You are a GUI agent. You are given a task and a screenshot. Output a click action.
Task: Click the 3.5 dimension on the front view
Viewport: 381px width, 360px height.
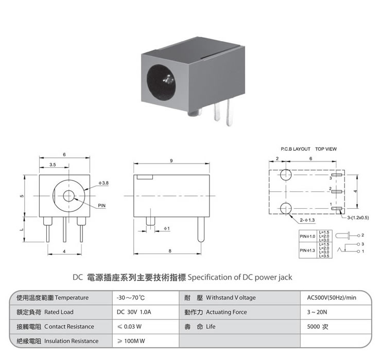tap(53, 164)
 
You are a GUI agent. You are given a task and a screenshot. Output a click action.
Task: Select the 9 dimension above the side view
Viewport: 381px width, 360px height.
tap(170, 161)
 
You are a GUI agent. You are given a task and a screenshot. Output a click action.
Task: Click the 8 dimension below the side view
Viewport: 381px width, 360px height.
tap(170, 251)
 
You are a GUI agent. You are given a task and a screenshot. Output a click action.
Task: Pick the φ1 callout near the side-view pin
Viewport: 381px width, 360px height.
tap(166, 228)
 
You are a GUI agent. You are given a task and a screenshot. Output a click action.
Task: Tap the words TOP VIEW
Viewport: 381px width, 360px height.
tap(326, 149)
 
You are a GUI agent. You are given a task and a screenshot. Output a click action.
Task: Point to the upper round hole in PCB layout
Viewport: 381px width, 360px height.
tap(286, 175)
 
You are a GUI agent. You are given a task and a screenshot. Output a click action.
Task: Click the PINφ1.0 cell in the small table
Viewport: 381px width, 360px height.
tap(307, 236)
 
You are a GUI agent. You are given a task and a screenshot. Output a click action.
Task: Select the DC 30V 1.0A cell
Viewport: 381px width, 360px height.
tap(133, 312)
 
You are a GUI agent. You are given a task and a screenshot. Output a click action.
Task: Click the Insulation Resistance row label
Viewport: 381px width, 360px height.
tap(71, 340)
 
